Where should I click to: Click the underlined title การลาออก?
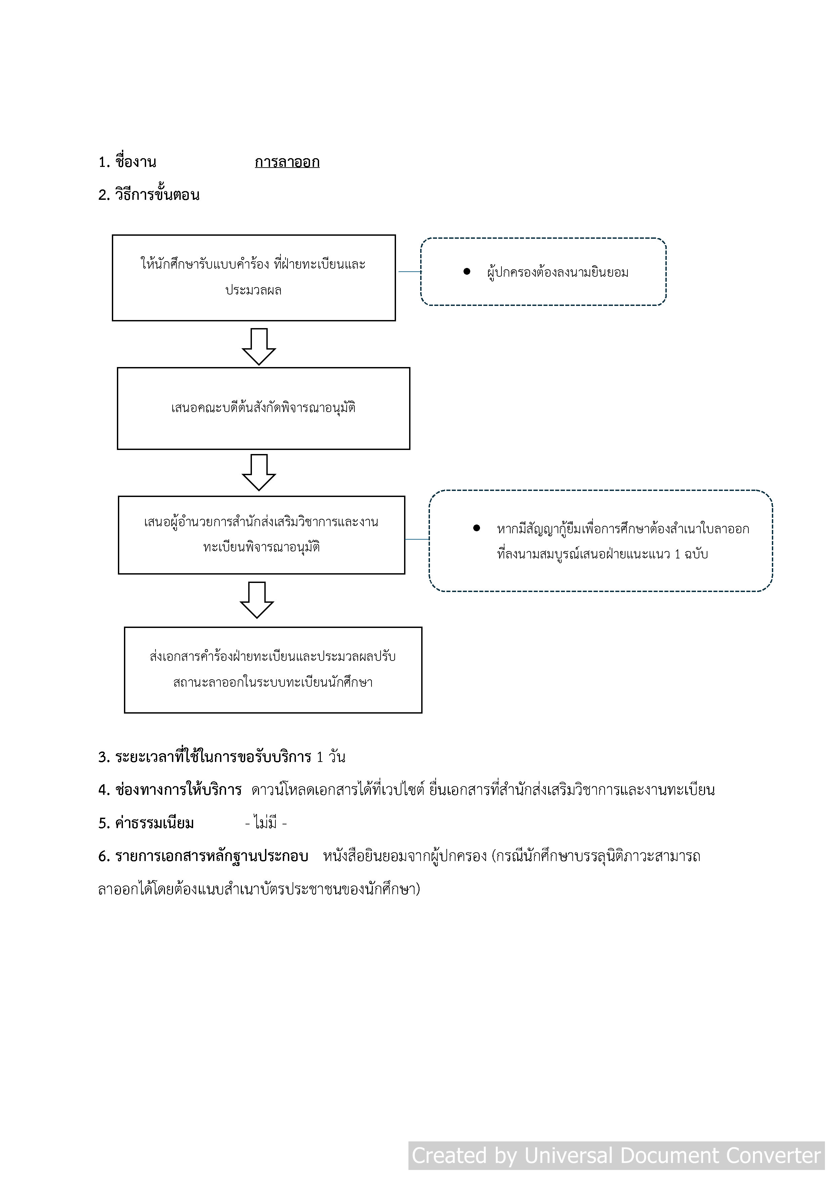point(287,163)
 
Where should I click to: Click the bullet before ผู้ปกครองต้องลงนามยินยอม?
point(467,272)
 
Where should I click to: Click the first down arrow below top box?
point(259,347)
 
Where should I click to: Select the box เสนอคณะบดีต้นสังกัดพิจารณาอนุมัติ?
point(263,408)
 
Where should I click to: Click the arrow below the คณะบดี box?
point(259,472)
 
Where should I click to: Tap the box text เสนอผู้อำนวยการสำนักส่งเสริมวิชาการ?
point(261,522)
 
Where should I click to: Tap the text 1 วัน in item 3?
point(331,757)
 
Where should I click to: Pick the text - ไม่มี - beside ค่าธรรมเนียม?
point(266,823)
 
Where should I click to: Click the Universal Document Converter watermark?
point(616,1156)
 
